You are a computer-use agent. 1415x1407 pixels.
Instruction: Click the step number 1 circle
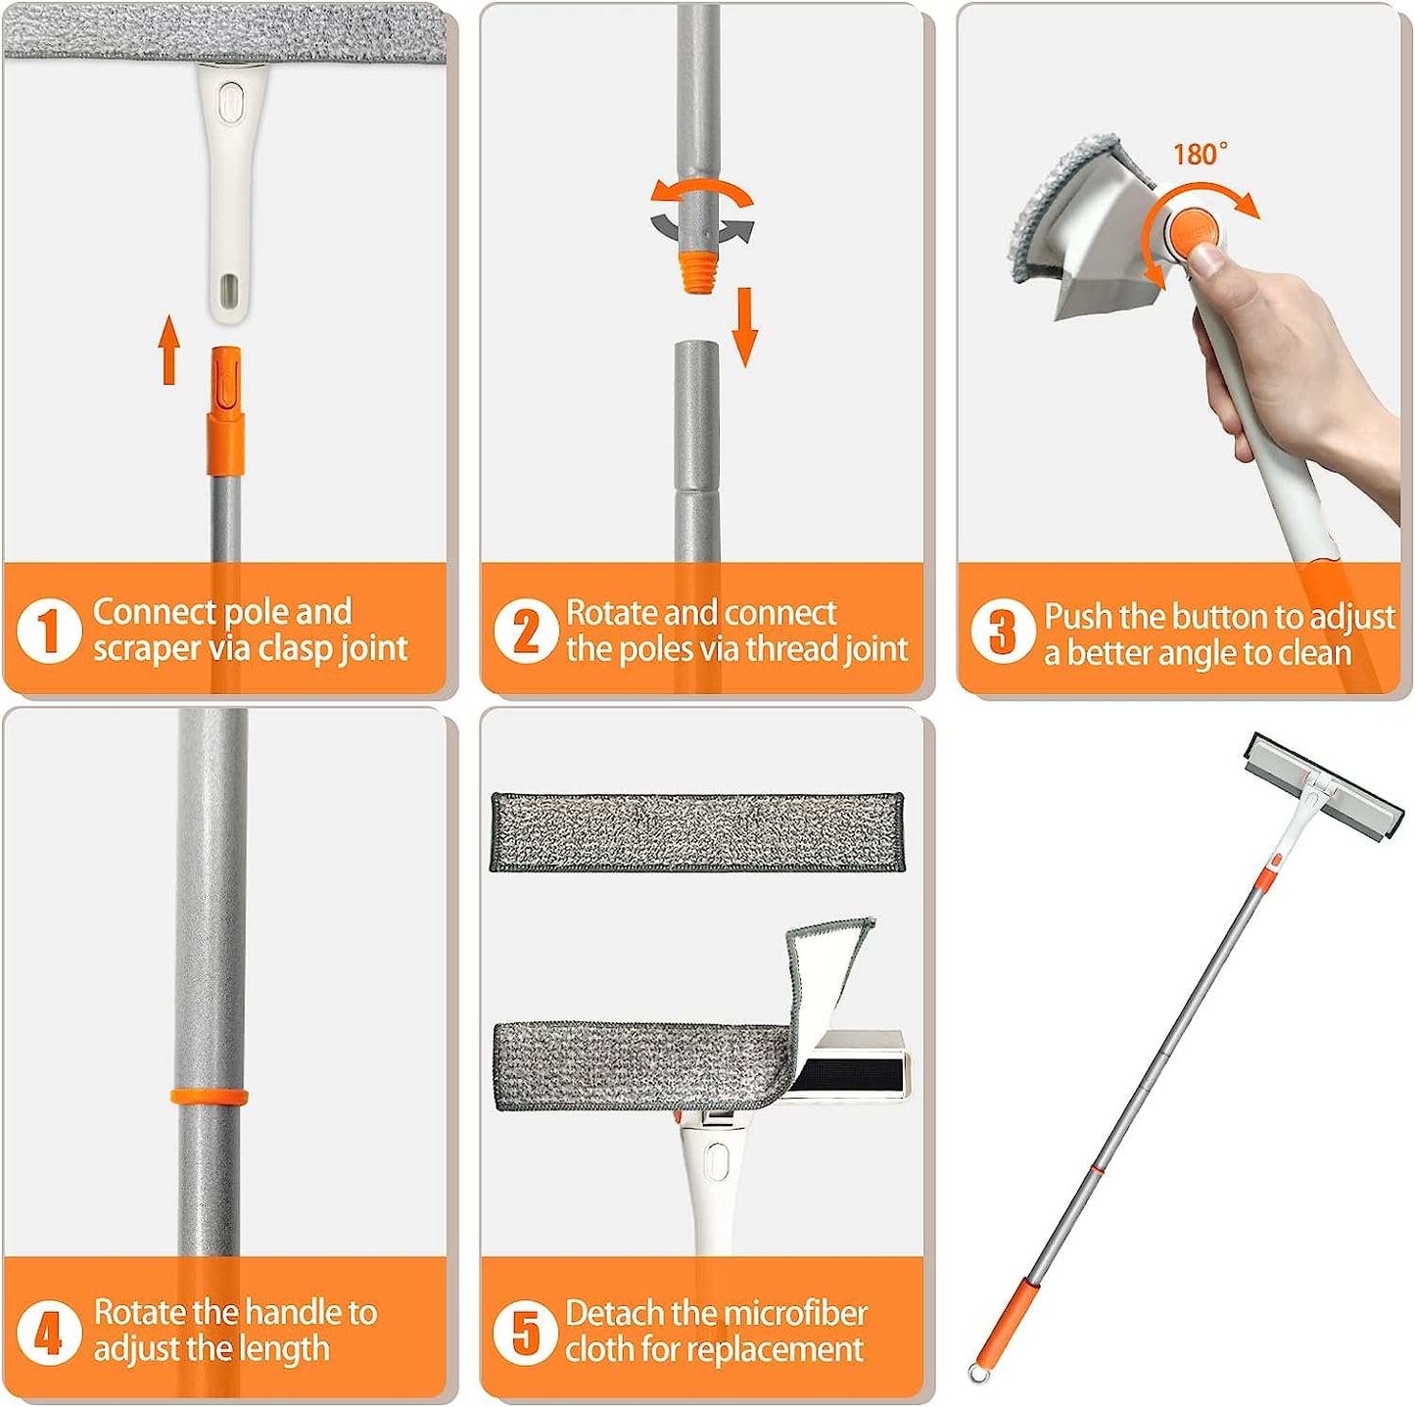pyautogui.click(x=48, y=631)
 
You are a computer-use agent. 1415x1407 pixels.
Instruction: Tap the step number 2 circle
pyautogui.click(x=526, y=631)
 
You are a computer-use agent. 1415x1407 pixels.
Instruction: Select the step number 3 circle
pyautogui.click(x=1003, y=633)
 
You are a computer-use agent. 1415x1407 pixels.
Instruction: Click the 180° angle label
pyautogui.click(x=1200, y=154)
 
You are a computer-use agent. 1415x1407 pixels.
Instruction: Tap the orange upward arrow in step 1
pyautogui.click(x=169, y=350)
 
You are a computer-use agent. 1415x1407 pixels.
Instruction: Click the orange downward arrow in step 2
pyautogui.click(x=745, y=327)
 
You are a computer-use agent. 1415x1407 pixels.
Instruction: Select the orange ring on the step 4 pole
pyautogui.click(x=210, y=1099)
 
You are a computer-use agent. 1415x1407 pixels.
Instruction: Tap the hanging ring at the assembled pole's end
pyautogui.click(x=976, y=1369)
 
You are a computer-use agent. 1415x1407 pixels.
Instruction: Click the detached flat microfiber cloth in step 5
pyautogui.click(x=697, y=832)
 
